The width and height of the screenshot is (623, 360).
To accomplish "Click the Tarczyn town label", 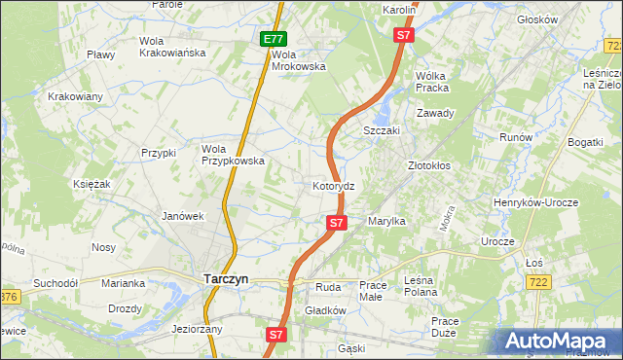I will pos(226,278).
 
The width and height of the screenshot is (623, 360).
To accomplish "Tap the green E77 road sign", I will pos(273,40).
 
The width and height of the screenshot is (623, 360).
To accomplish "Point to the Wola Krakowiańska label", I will pos(172,47).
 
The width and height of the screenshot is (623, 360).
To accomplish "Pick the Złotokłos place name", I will pos(428,165).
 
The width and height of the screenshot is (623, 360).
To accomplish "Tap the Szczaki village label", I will pos(383,130).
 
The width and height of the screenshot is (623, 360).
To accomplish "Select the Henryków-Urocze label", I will pos(549,201).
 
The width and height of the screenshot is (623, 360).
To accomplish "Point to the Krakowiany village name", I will pos(75,97).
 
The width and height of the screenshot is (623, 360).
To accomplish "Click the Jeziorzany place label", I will pos(198,329).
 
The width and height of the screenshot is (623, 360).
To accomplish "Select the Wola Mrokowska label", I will pos(298,60).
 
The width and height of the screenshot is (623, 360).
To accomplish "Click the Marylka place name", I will pos(386,222).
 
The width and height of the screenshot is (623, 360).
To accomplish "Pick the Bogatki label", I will pos(586,143).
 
